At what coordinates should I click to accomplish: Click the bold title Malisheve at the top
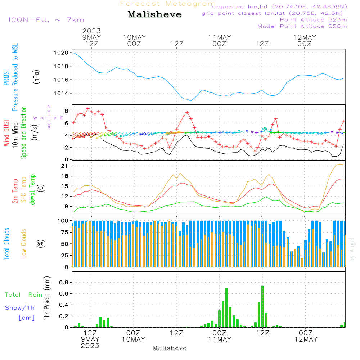pos(154,15)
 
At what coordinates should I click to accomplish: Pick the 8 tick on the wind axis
pos(67,111)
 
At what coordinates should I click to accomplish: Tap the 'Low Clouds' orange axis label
pos(24,244)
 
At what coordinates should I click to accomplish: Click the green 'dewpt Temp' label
pos(32,190)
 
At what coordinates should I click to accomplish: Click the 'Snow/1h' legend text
pos(20,308)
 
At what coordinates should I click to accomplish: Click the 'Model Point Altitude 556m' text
pos(302,26)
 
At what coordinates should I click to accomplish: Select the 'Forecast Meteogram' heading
pos(168,4)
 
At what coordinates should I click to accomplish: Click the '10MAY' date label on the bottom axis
pos(133,339)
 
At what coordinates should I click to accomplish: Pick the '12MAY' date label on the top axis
pos(305,37)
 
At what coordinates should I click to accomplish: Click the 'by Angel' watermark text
pos(352,249)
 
